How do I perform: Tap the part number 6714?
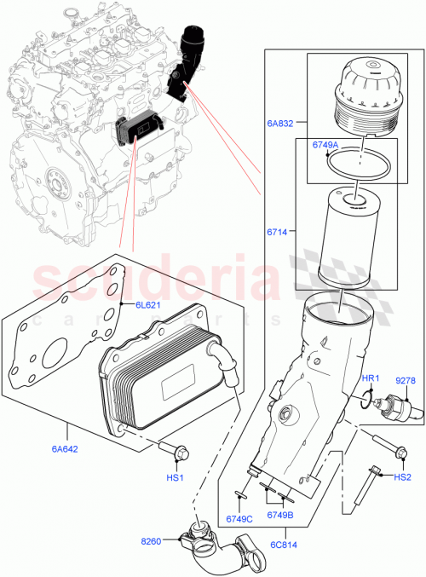pyautogui.click(x=278, y=231)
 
